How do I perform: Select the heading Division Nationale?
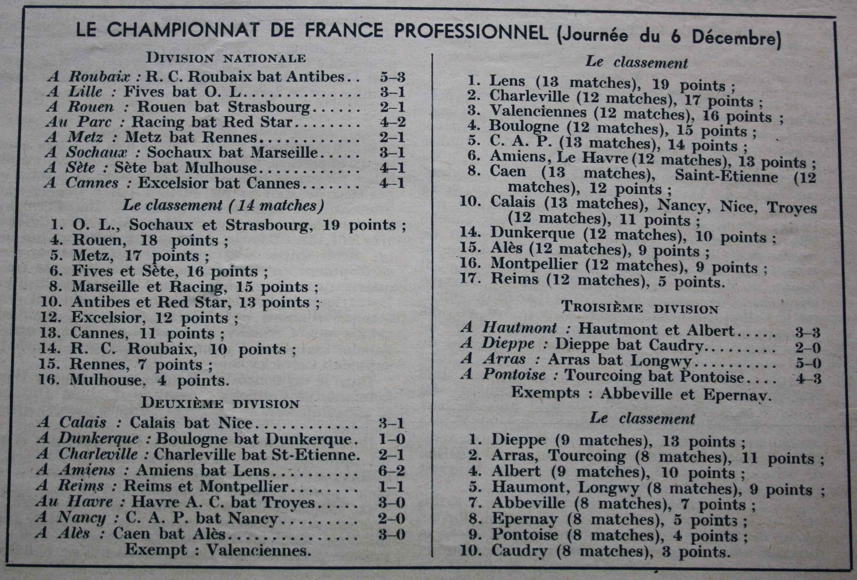[226, 58]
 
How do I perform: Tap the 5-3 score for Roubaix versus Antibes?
[392, 77]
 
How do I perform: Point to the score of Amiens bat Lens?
[392, 471]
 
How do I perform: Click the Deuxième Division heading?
[220, 403]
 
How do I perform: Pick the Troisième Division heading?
[640, 308]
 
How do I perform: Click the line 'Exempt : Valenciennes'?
[218, 550]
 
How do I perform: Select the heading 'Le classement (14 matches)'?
[223, 206]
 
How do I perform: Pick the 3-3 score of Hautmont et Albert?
[808, 333]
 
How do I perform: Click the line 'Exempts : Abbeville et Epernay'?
[641, 394]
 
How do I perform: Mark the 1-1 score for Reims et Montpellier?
[392, 487]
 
